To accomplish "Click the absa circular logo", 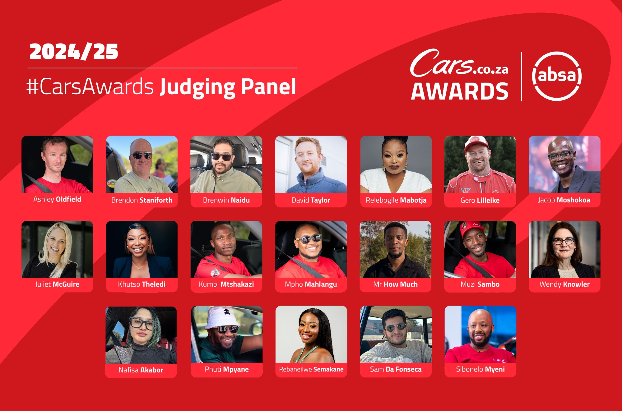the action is tap(557, 76).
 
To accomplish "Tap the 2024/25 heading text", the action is tap(74, 51).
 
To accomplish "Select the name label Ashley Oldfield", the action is tap(57, 199).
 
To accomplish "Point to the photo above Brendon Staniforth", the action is tap(142, 164).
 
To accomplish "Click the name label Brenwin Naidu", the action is tap(226, 200).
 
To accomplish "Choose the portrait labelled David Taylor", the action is tap(311, 164).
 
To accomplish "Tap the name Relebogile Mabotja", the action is tap(396, 200).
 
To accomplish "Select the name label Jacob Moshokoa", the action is tap(564, 200).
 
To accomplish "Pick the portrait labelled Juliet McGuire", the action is tap(57, 249).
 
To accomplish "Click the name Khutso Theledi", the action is tap(142, 284).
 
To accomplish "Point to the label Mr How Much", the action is tap(396, 284).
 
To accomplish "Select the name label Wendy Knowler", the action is tap(565, 284).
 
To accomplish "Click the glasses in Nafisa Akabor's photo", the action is tap(142, 324).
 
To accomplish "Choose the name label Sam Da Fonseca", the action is tap(396, 369).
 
